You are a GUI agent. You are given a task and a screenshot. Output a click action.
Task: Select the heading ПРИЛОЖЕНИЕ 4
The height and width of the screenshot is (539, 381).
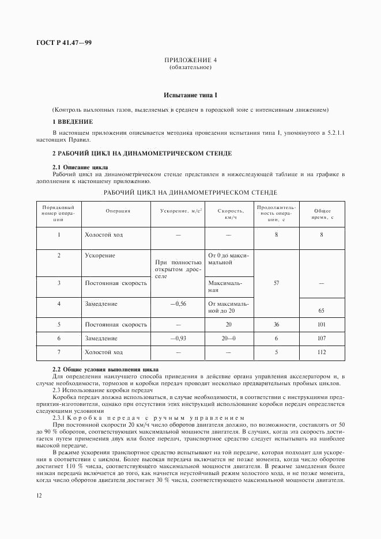(190, 60)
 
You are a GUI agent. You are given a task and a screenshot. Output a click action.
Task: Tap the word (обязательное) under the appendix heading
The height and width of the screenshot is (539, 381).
(190, 68)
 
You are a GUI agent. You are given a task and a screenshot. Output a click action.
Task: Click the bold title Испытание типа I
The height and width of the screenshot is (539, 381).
(190, 94)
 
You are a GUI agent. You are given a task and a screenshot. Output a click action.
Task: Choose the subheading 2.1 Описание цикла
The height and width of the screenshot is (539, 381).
(80, 167)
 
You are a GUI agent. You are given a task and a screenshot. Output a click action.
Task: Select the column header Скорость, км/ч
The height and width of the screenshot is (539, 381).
(231, 214)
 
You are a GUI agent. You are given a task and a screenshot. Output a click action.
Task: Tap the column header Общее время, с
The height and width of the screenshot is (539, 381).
(322, 214)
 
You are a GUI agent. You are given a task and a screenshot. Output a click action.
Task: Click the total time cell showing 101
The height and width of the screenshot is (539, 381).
(322, 325)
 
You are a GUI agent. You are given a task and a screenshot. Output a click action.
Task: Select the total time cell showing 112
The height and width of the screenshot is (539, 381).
(322, 352)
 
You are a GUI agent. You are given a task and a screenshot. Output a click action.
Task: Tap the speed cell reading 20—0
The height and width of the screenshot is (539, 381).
(231, 339)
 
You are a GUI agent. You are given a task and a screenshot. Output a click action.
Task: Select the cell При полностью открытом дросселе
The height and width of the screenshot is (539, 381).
(177, 269)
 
